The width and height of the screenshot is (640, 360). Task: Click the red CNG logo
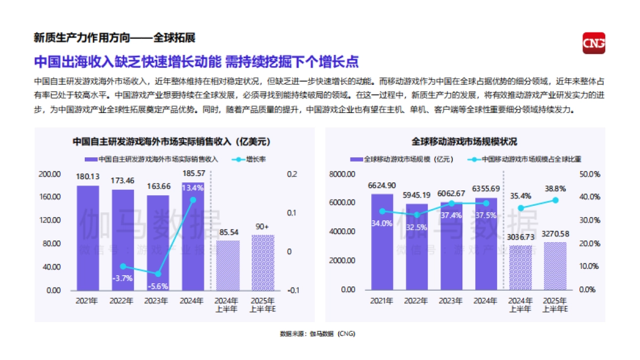point(594,43)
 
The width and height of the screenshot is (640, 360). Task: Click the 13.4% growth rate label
point(192,188)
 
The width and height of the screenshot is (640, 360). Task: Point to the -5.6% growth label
point(157,286)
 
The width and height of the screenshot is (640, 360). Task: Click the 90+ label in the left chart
point(263,227)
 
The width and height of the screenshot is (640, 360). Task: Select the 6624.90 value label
point(382,186)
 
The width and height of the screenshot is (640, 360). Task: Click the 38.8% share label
point(555,189)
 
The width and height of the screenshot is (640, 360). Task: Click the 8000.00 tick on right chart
point(342,174)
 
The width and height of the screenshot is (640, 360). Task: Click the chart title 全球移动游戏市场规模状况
point(464,142)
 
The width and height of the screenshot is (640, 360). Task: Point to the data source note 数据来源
point(317,334)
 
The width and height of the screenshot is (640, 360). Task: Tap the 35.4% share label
point(521,196)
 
